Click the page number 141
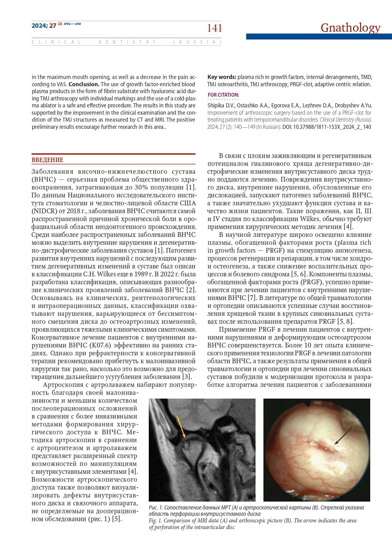point(214,28)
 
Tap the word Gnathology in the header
point(350,27)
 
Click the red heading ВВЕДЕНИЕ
point(47,160)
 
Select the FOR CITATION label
point(223,95)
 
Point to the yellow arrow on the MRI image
point(181,427)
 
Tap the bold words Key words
point(222,77)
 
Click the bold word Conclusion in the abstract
point(84,84)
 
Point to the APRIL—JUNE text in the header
point(72,24)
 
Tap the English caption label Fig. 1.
point(155,521)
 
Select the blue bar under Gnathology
point(319,37)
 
